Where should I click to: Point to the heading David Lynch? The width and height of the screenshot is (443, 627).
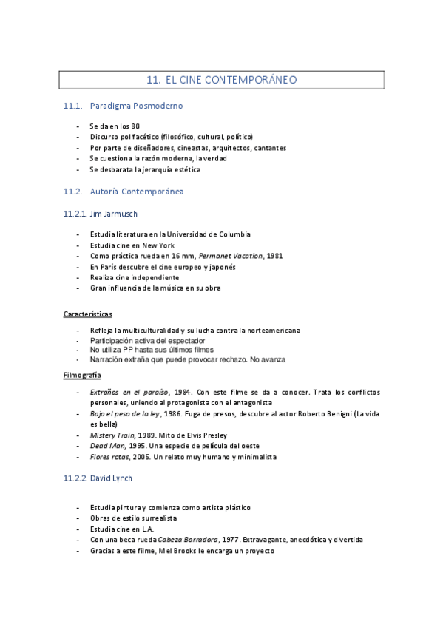pyautogui.click(x=111, y=478)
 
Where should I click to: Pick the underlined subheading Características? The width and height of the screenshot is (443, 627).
pyautogui.click(x=88, y=314)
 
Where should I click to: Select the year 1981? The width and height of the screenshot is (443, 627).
pyautogui.click(x=274, y=256)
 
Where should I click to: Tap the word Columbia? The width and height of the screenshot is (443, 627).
pyautogui.click(x=230, y=234)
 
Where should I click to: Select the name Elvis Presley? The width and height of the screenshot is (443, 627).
pyautogui.click(x=205, y=435)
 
